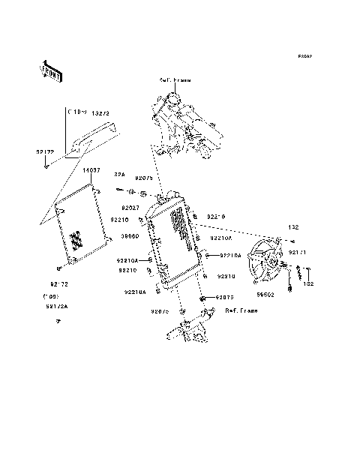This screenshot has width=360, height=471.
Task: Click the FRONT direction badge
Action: [x=50, y=70]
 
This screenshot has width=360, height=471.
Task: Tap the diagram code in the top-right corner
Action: [x=304, y=57]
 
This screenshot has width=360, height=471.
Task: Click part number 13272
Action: [x=100, y=112]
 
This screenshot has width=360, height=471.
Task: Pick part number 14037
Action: [x=91, y=171]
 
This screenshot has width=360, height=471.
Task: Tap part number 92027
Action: [x=130, y=208]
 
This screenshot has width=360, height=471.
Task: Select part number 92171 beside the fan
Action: [x=298, y=253]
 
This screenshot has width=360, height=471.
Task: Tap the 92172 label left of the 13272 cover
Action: [x=45, y=151]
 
